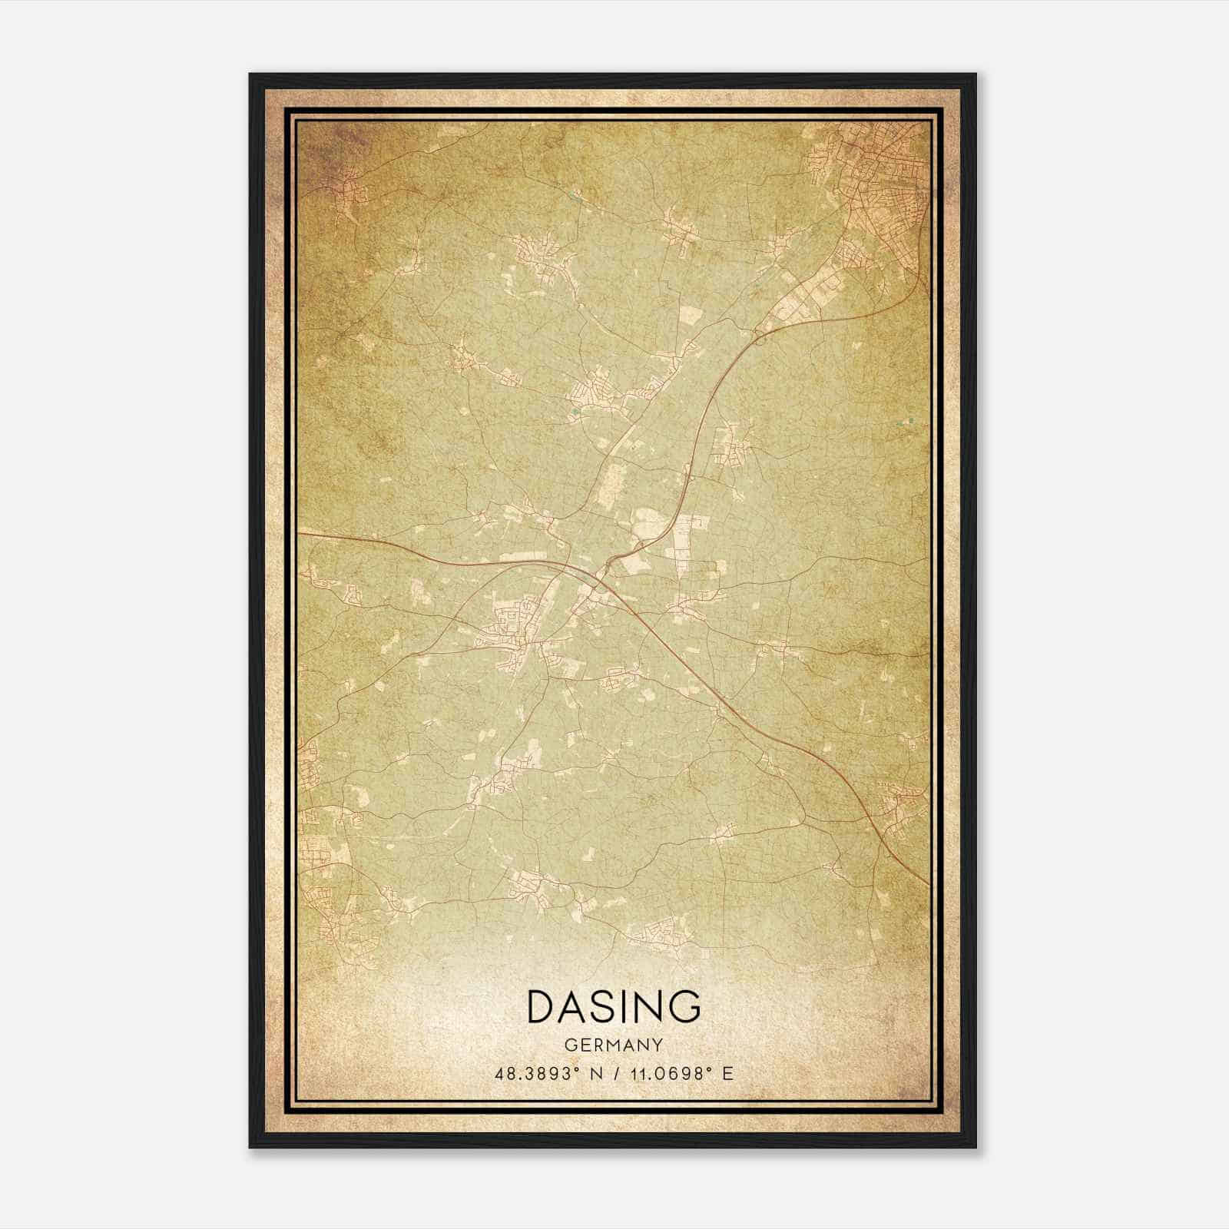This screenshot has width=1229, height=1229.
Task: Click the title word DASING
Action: [614, 1006]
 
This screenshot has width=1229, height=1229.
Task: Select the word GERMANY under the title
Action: [614, 1045]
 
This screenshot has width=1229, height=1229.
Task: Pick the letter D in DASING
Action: [542, 1006]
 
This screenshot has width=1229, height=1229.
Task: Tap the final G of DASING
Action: [684, 1006]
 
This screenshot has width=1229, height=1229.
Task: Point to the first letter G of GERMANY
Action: [570, 1045]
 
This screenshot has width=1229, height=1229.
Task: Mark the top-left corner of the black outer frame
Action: [250, 75]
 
